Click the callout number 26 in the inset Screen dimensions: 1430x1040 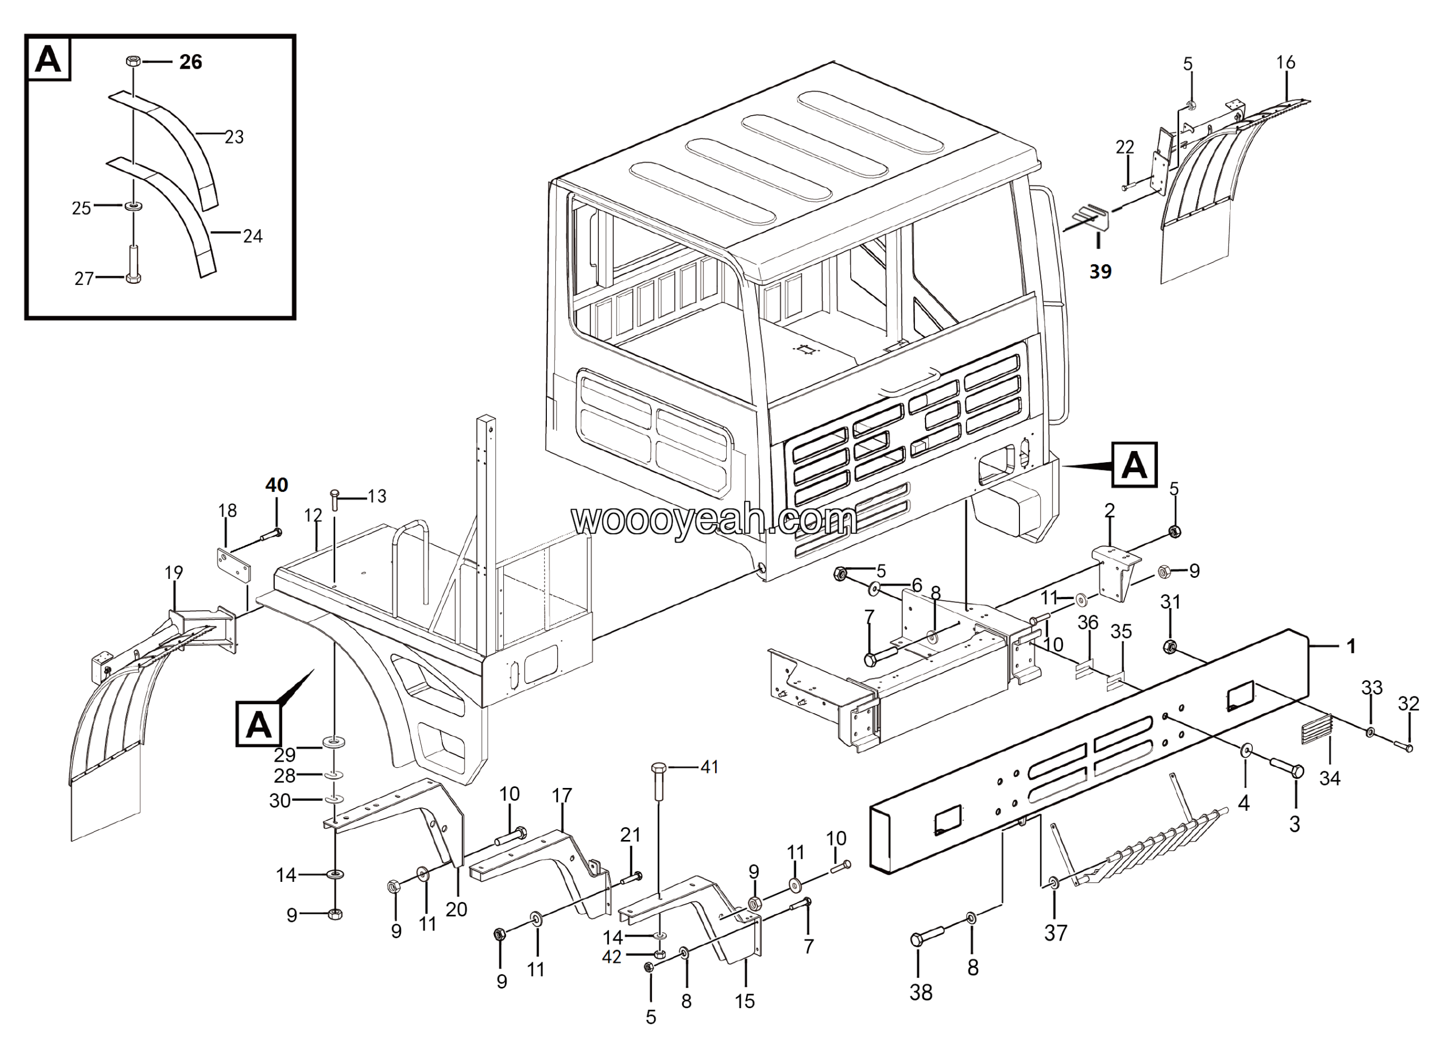[190, 62]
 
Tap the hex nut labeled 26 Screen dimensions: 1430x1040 [132, 61]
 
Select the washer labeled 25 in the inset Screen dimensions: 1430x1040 [133, 206]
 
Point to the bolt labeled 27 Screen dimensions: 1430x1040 [133, 264]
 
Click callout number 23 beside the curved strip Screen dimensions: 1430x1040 [234, 137]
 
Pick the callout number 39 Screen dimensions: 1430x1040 [1100, 272]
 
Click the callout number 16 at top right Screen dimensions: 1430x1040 [1286, 63]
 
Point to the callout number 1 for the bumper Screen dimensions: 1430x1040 [1351, 646]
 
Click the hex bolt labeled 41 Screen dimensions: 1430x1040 [657, 782]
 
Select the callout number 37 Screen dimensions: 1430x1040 [1056, 932]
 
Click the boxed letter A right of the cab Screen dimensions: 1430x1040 [1135, 465]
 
